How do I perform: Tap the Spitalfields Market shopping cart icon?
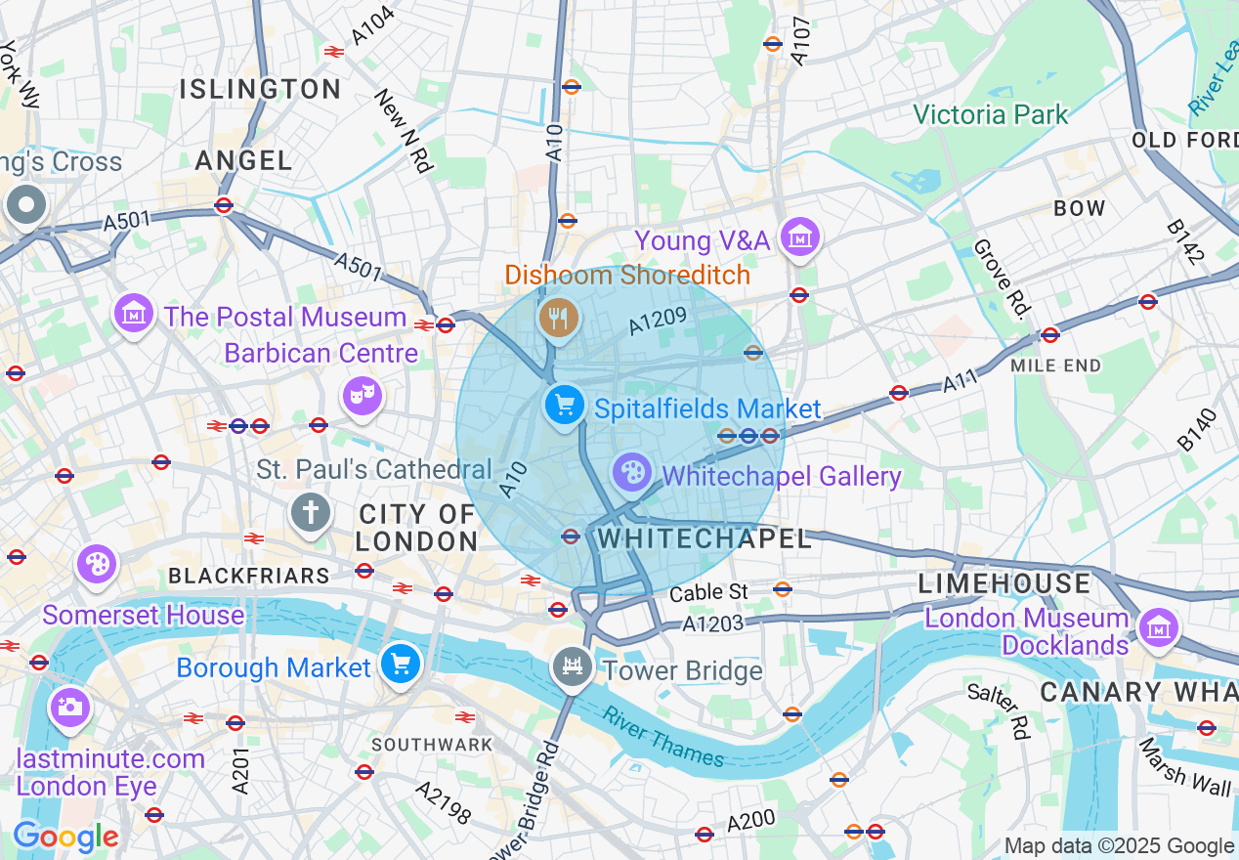coord(564,405)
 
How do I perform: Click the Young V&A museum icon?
coord(800,236)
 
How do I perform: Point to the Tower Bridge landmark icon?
coord(572,668)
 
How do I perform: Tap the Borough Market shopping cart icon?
coord(400,664)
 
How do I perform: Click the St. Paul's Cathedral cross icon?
coord(310,511)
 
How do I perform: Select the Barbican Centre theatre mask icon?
coord(362,396)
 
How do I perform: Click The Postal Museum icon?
coord(134,314)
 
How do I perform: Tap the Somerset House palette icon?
coord(97,565)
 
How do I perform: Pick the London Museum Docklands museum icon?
coord(1158,626)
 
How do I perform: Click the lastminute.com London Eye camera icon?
coord(69,708)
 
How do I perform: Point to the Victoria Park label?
coord(991,114)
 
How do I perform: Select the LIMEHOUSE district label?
coord(1004,583)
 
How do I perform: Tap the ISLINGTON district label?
coord(260,89)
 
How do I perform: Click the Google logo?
coord(65,838)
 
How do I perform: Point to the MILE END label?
coord(1055,365)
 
